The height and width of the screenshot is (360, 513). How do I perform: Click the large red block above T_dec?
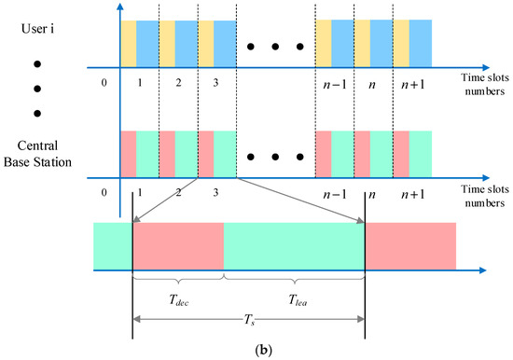pos(178,245)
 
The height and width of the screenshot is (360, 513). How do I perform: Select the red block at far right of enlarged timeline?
pos(409,245)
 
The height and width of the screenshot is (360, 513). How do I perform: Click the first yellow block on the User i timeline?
pos(128,43)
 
